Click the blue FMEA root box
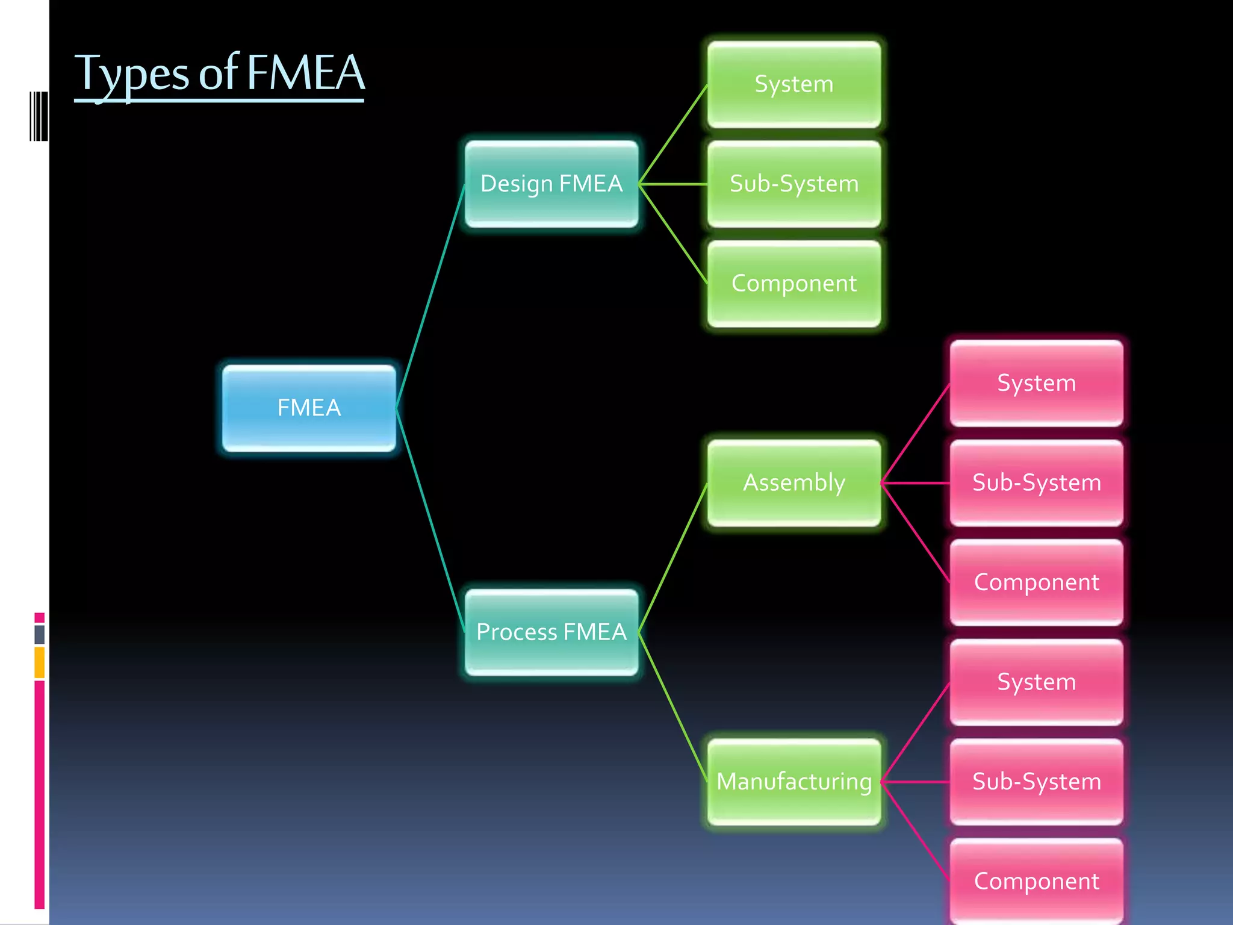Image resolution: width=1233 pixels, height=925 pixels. [309, 408]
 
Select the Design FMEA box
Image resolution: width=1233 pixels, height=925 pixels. [551, 184]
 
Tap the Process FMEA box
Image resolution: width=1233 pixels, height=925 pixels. [551, 632]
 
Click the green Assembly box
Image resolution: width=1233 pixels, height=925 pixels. [794, 482]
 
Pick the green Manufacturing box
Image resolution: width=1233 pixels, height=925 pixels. [794, 781]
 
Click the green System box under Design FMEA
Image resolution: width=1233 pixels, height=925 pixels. [794, 84]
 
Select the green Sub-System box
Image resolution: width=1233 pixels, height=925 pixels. [794, 184]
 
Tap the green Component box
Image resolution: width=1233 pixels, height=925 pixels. [794, 283]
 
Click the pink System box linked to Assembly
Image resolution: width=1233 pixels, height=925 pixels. [1036, 383]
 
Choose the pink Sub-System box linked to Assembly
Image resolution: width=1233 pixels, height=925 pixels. [1036, 482]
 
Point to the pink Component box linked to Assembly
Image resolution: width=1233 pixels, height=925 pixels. [1036, 582]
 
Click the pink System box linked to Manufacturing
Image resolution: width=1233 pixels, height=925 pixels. [1036, 682]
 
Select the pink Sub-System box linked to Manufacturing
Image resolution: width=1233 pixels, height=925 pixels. [1036, 781]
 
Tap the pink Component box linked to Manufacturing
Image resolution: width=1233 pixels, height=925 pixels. [1036, 880]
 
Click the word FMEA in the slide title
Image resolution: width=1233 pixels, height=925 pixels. [305, 73]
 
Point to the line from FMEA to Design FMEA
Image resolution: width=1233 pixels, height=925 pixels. [430, 296]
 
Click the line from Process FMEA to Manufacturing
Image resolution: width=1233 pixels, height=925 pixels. [672, 706]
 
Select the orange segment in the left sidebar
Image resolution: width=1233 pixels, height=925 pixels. [40, 662]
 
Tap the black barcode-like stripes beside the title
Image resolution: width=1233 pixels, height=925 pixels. [39, 116]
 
